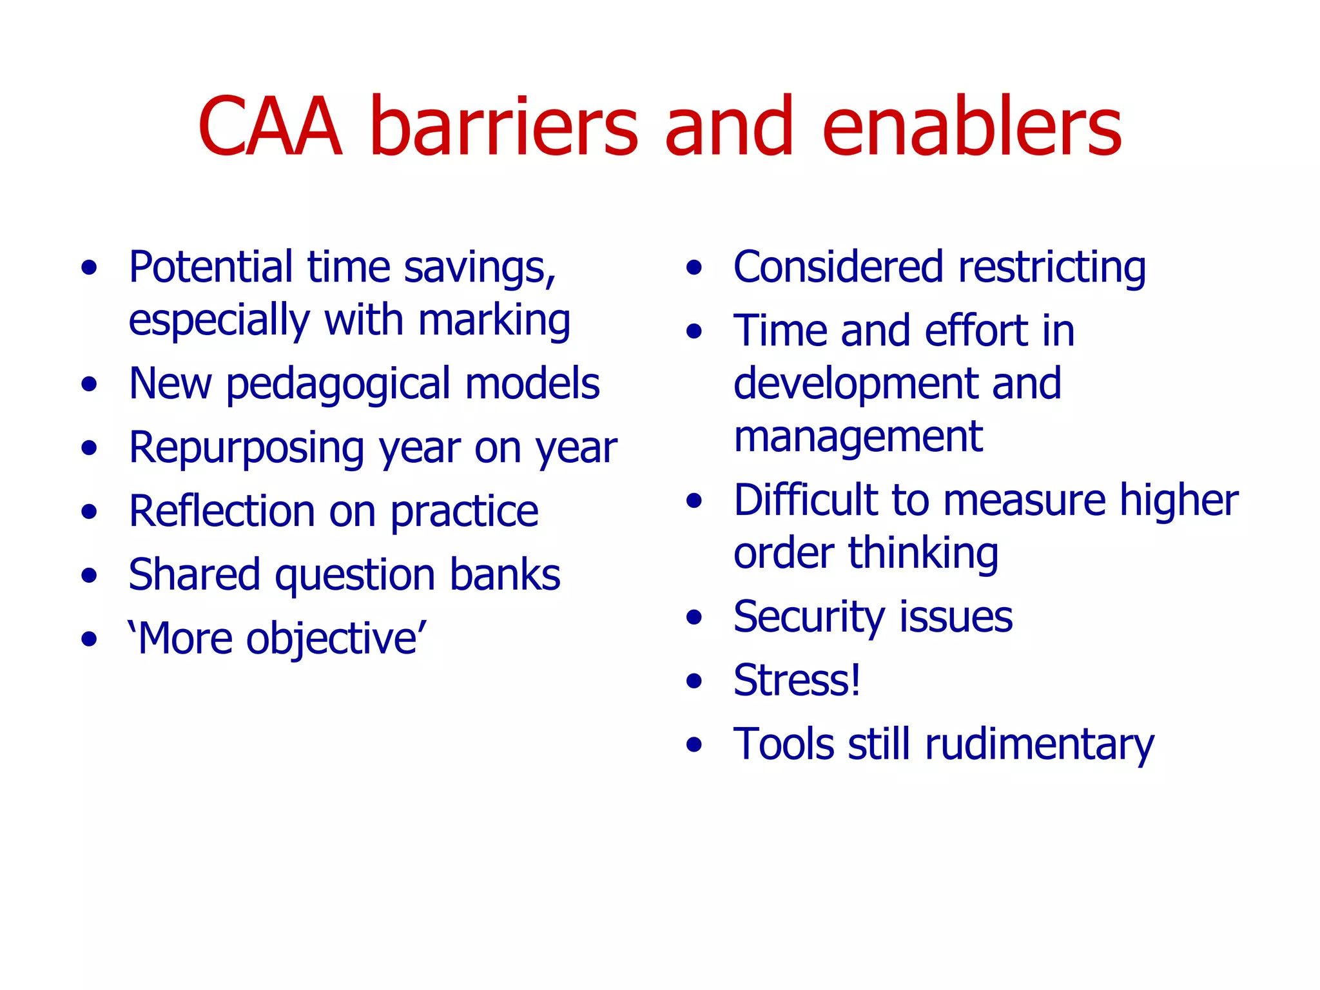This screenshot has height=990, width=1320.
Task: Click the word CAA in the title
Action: point(269,127)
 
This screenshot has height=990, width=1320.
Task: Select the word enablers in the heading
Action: point(972,127)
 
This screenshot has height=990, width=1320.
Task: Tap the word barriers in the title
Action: point(503,127)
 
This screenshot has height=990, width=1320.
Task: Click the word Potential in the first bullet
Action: point(210,267)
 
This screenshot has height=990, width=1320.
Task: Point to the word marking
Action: point(494,321)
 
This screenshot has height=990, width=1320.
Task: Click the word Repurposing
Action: point(246,449)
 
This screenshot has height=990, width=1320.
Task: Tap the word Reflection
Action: point(221,512)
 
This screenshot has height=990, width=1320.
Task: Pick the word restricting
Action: point(1052,267)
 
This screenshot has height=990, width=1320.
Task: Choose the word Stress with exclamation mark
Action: point(797,681)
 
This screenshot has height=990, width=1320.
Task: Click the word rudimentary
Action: point(1039,745)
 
